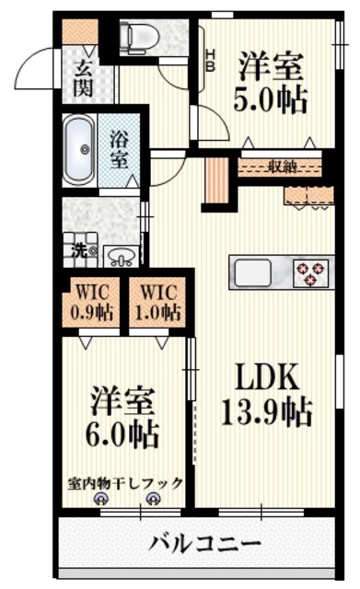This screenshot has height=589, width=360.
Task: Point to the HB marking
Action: point(210,60)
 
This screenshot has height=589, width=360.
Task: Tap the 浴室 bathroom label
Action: point(120,149)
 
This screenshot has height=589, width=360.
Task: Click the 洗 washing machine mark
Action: point(80,249)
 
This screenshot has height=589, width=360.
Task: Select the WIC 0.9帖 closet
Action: point(93,301)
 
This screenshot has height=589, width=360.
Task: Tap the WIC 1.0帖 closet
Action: point(157,301)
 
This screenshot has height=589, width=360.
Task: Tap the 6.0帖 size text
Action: point(123,431)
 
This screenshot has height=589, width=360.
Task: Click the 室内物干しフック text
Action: point(124,482)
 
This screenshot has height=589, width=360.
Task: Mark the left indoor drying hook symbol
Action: point(100,500)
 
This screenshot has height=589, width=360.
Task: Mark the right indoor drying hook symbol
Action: point(152,500)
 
